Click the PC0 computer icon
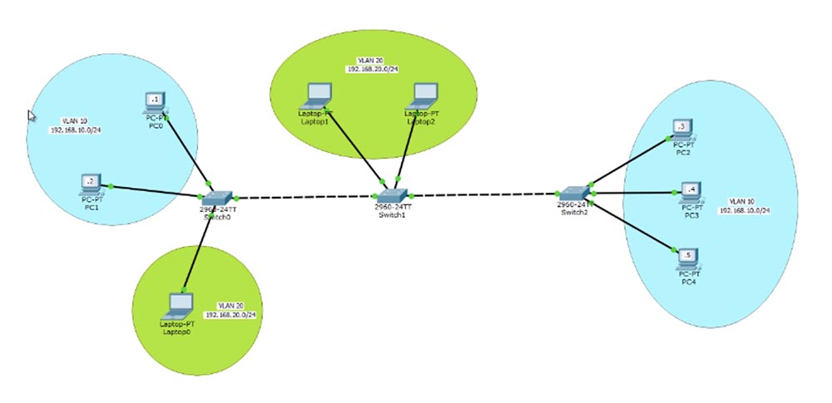(154, 102)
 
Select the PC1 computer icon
(90, 182)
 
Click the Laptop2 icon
(423, 94)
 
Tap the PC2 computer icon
(682, 128)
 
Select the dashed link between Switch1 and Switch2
(483, 195)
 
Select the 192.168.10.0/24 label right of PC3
(745, 211)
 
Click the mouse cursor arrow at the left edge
(32, 116)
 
